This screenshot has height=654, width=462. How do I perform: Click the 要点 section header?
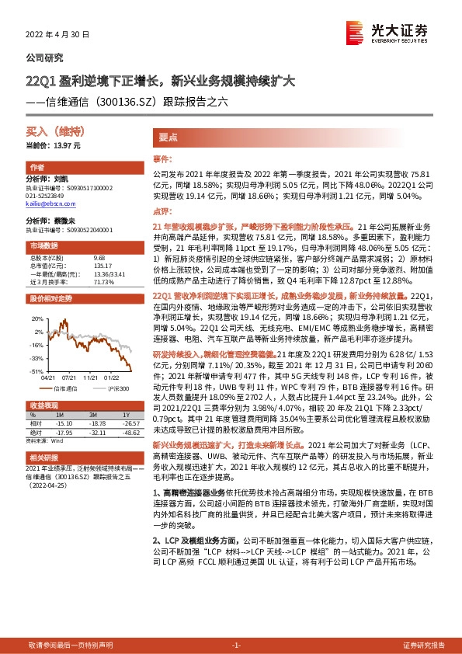tap(168, 136)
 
